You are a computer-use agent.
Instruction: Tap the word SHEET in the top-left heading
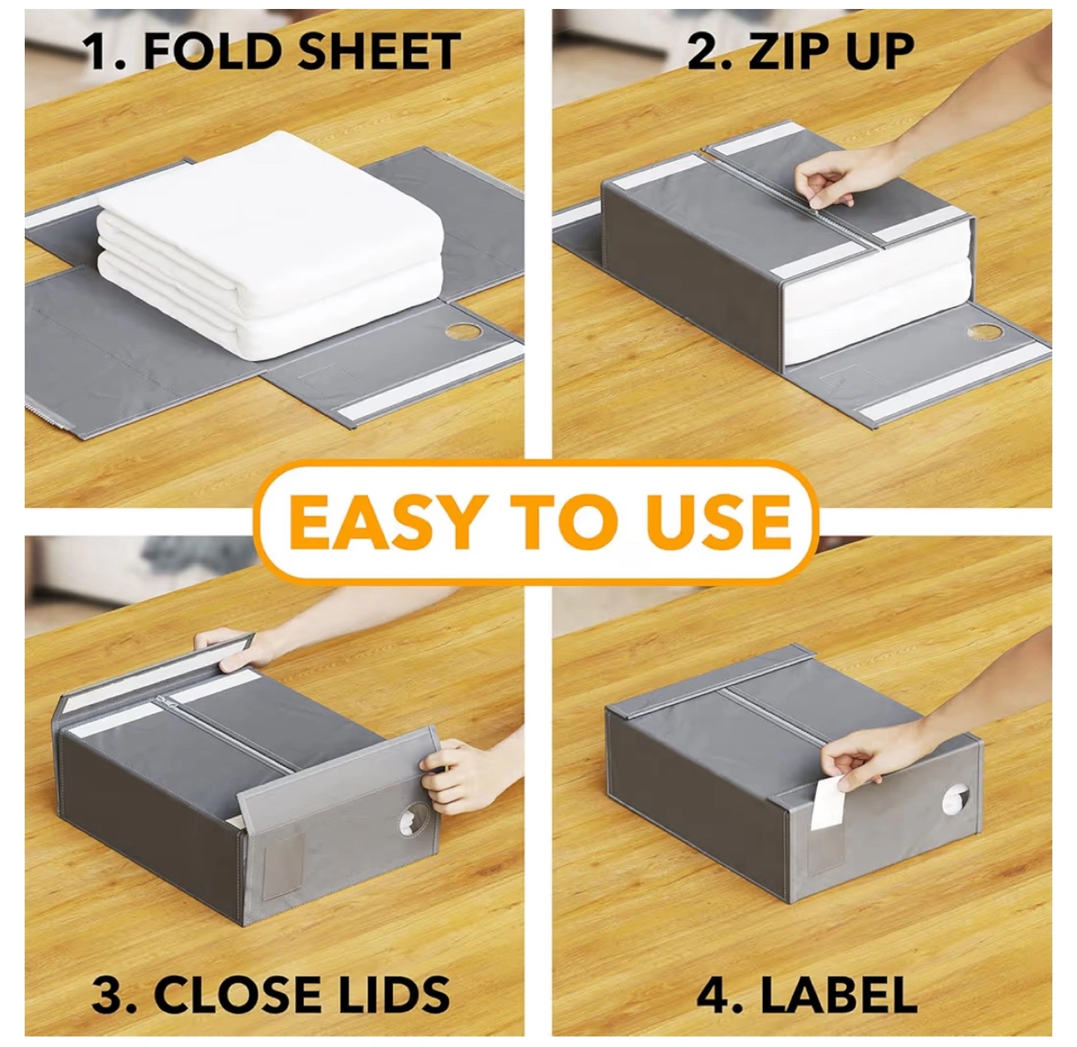pyautogui.click(x=379, y=51)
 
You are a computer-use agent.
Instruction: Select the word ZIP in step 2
pyautogui.click(x=785, y=51)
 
